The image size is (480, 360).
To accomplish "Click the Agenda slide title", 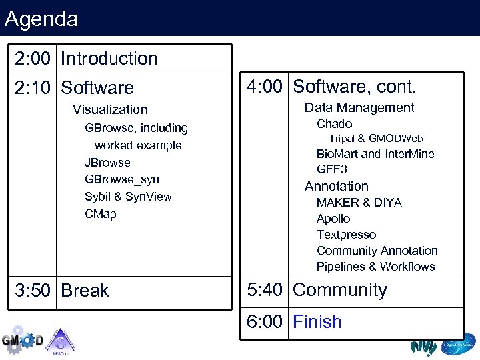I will tap(41, 19).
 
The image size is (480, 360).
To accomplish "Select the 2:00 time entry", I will tap(33, 59).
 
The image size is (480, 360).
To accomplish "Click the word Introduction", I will tap(109, 59).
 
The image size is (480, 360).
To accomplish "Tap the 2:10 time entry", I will tap(33, 88).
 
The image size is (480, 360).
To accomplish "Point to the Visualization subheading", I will tap(110, 109).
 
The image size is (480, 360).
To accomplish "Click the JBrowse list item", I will tap(107, 163).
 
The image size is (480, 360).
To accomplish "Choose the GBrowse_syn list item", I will tap(122, 179).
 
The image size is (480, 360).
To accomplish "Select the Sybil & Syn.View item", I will tap(128, 197).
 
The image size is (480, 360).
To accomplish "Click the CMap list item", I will tap(100, 214).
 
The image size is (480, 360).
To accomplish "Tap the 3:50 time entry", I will tap(33, 291).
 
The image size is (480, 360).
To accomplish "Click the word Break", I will tap(85, 291).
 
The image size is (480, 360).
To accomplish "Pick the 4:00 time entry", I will tap(265, 87).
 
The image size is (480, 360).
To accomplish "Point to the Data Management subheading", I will tap(359, 108).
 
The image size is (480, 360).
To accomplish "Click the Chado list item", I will tap(334, 124).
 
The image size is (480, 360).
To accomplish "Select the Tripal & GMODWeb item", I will tap(375, 139).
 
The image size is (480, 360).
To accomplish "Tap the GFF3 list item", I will tap(331, 169).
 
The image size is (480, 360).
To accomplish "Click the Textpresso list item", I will tap(346, 235).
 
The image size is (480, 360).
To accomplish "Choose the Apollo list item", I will tap(333, 219).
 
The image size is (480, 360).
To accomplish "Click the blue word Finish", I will tap(317, 322).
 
